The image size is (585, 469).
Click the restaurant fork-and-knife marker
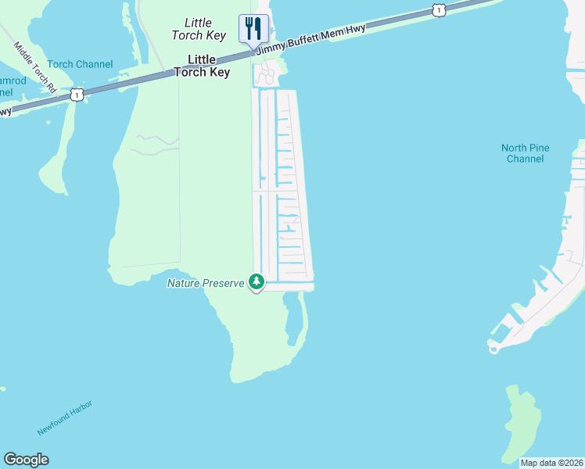click(253, 29)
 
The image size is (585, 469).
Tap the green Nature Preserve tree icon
click(256, 281)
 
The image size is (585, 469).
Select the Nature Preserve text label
click(206, 282)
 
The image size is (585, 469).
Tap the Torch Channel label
click(80, 64)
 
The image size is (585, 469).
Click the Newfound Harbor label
click(64, 418)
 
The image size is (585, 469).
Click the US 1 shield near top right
click(438, 10)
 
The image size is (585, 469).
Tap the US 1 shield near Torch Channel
click(76, 95)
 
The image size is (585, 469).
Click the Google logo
click(26, 460)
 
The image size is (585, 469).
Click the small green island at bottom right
click(518, 422)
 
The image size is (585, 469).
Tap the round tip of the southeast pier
click(493, 349)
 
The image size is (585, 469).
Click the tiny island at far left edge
click(2, 388)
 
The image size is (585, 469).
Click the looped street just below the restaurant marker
click(266, 76)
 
